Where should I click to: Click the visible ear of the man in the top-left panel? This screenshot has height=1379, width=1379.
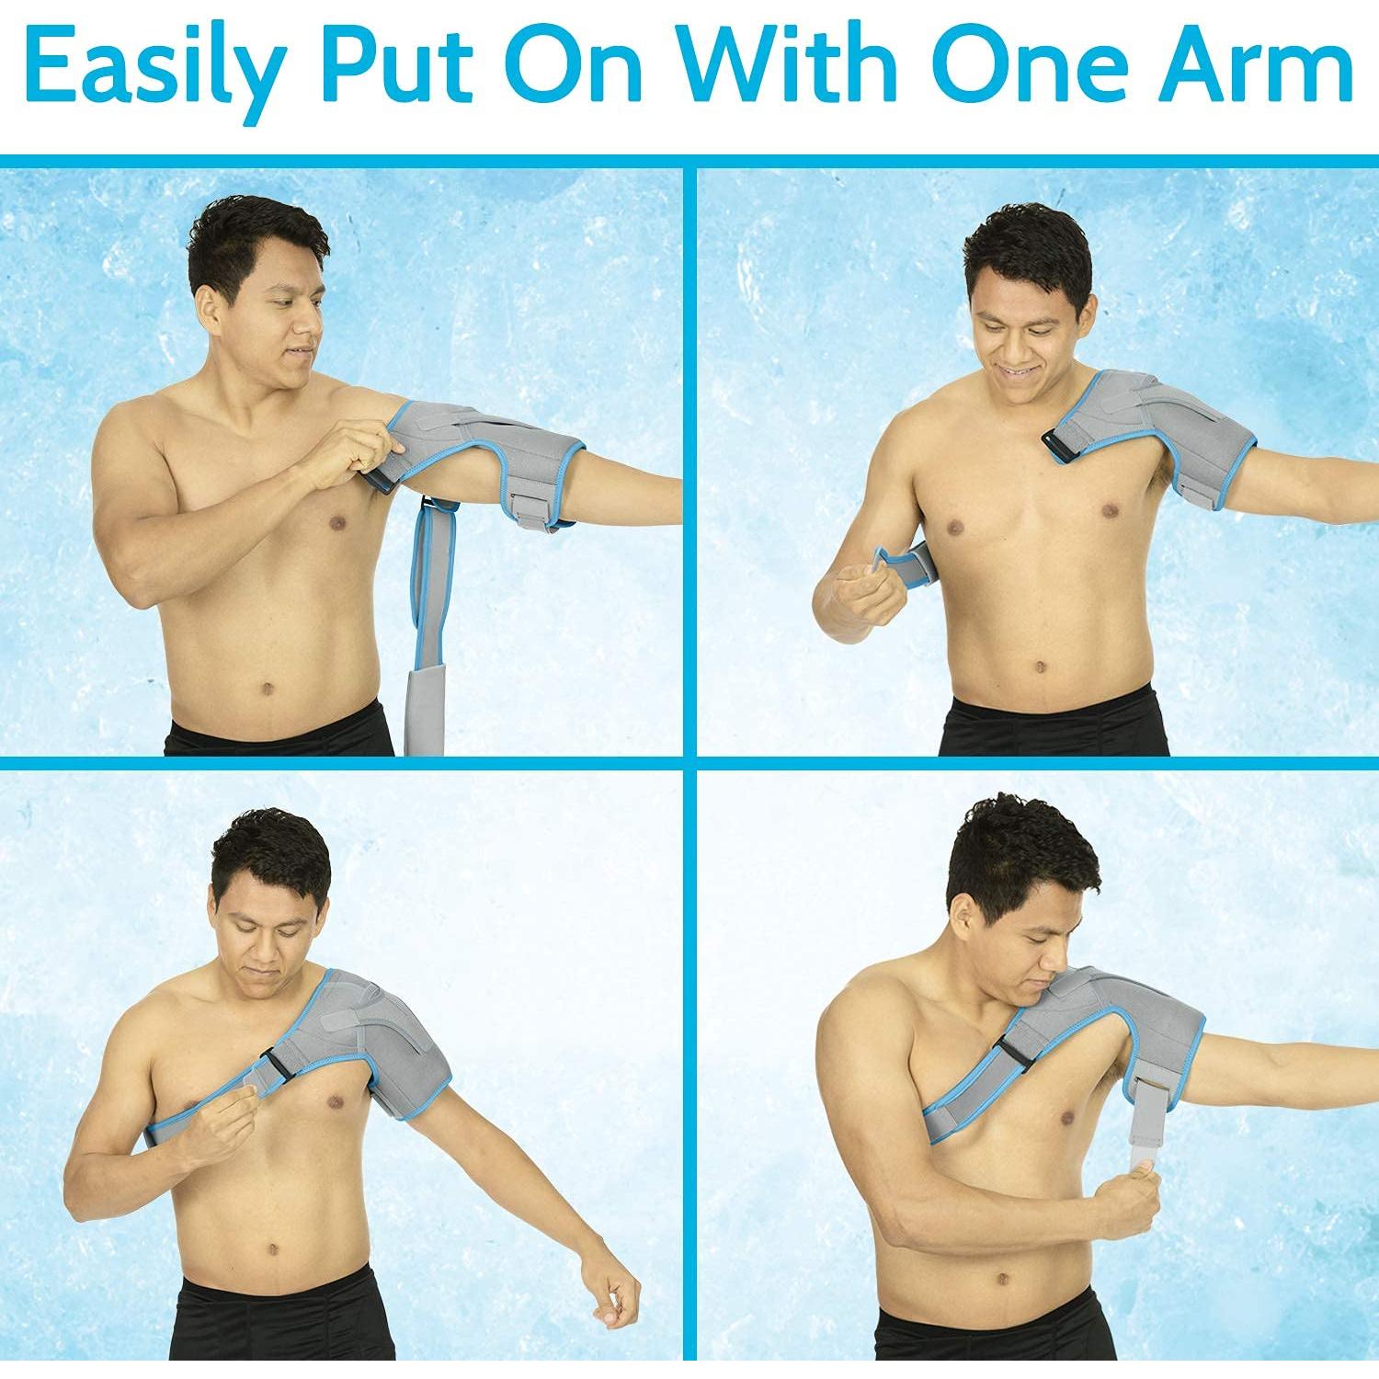(210, 303)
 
